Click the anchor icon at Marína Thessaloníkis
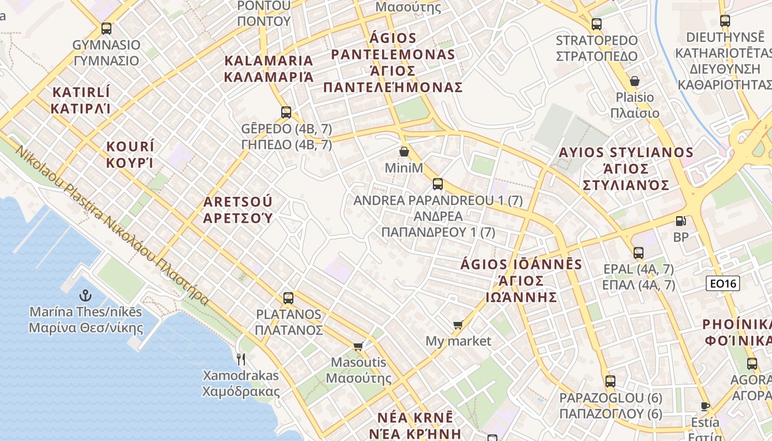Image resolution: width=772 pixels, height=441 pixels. [x=85, y=295]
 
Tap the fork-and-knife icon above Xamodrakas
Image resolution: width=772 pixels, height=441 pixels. [x=241, y=359]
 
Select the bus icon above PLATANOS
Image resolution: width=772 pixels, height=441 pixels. [x=288, y=298]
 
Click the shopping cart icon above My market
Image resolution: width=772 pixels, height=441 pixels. [x=458, y=325]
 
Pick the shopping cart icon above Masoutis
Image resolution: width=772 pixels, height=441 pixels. [x=358, y=346]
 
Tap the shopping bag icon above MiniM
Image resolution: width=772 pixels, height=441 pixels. [x=404, y=152]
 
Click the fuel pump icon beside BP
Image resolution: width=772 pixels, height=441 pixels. [x=681, y=221]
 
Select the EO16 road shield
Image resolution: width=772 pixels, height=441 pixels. [x=722, y=284]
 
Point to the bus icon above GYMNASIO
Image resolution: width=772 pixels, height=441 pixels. [x=106, y=29]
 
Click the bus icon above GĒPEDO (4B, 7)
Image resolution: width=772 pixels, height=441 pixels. [x=286, y=112]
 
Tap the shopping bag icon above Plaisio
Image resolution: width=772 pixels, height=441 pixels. [x=635, y=82]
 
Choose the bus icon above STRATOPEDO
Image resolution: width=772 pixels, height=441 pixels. [x=596, y=24]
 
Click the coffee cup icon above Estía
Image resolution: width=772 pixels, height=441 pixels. [x=705, y=406]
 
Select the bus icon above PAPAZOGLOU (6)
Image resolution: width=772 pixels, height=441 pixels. [x=610, y=381]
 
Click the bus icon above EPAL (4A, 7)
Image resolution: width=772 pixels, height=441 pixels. [x=639, y=253]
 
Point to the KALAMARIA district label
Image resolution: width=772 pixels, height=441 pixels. [x=269, y=68]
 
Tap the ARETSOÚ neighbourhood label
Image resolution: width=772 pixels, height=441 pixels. [x=238, y=209]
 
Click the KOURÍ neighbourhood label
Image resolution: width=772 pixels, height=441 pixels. [x=130, y=154]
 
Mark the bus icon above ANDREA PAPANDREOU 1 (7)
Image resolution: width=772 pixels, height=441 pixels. [x=438, y=184]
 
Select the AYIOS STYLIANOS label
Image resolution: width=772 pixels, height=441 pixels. [x=626, y=168]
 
